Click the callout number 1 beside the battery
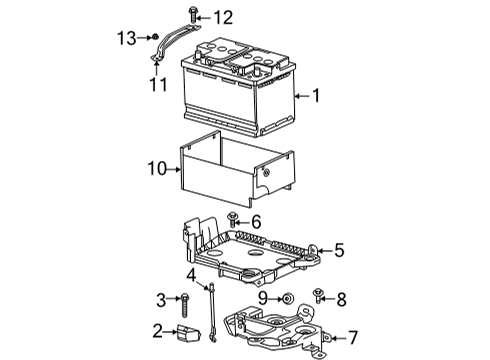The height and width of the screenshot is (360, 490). click(316, 97)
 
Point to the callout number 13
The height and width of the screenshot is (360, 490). click(126, 37)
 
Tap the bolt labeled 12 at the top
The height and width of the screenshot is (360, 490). click(194, 16)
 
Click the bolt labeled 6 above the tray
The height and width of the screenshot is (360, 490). click(233, 219)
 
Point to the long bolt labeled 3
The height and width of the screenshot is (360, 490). click(185, 300)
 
